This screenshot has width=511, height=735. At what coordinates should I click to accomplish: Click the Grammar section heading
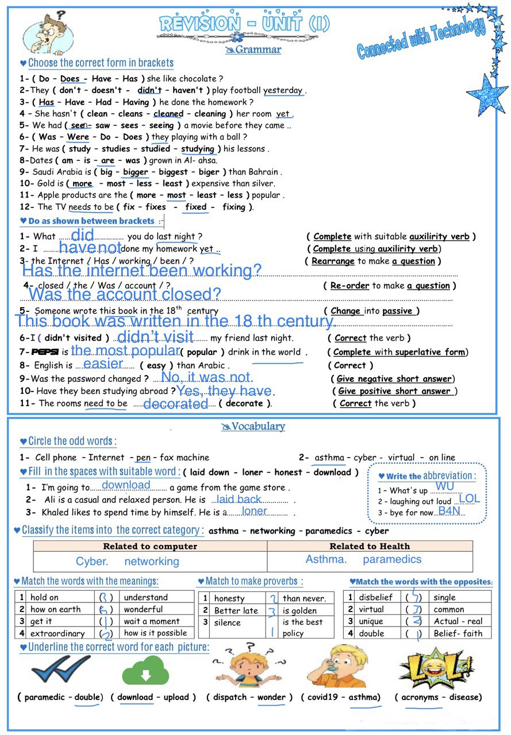point(253,50)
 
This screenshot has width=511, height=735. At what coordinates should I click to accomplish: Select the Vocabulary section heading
point(254,426)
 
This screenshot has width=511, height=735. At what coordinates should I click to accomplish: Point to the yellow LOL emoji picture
point(436,667)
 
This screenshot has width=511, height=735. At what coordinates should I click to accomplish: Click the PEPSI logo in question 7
point(45,352)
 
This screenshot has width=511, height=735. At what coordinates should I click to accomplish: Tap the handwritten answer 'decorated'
point(175,404)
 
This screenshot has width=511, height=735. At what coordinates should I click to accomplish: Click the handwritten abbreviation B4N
point(449,510)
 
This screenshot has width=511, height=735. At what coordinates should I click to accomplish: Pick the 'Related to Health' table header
point(370,546)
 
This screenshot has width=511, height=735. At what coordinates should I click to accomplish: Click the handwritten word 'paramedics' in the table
point(392,559)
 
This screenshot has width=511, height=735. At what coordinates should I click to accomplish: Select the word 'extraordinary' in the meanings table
point(57,633)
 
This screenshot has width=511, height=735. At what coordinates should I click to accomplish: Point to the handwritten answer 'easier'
point(103,364)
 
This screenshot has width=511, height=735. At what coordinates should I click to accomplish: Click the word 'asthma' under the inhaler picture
point(364,697)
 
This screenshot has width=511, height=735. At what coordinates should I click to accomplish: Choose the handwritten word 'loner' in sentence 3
point(254,511)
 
